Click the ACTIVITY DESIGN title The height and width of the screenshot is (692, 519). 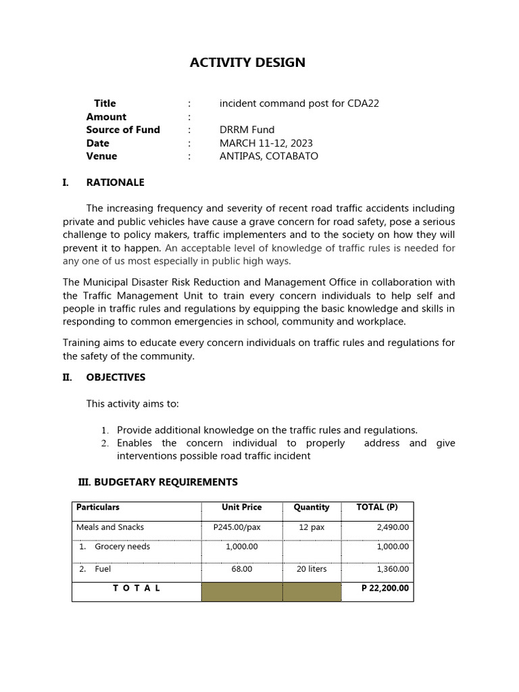click(247, 63)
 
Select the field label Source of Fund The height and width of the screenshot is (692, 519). click(123, 130)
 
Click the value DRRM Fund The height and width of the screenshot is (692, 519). click(247, 130)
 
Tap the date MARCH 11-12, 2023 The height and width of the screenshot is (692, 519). click(266, 143)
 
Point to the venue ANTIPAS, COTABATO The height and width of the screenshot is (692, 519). click(268, 156)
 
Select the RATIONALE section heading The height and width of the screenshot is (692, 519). click(115, 182)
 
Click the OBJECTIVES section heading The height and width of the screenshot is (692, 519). click(116, 377)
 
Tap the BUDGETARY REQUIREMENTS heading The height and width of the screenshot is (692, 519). click(158, 482)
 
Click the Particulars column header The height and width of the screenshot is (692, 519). click(98, 507)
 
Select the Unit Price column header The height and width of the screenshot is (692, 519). click(241, 507)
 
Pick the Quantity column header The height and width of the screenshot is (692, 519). click(312, 507)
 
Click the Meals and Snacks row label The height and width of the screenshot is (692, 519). click(110, 527)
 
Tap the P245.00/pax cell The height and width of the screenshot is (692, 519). click(241, 527)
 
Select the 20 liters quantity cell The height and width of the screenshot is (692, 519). click(312, 569)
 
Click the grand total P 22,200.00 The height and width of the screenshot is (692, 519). click(385, 588)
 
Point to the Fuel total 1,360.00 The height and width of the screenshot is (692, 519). click(393, 569)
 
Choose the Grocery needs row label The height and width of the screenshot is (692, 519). click(122, 547)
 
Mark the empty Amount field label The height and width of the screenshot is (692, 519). click(106, 117)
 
